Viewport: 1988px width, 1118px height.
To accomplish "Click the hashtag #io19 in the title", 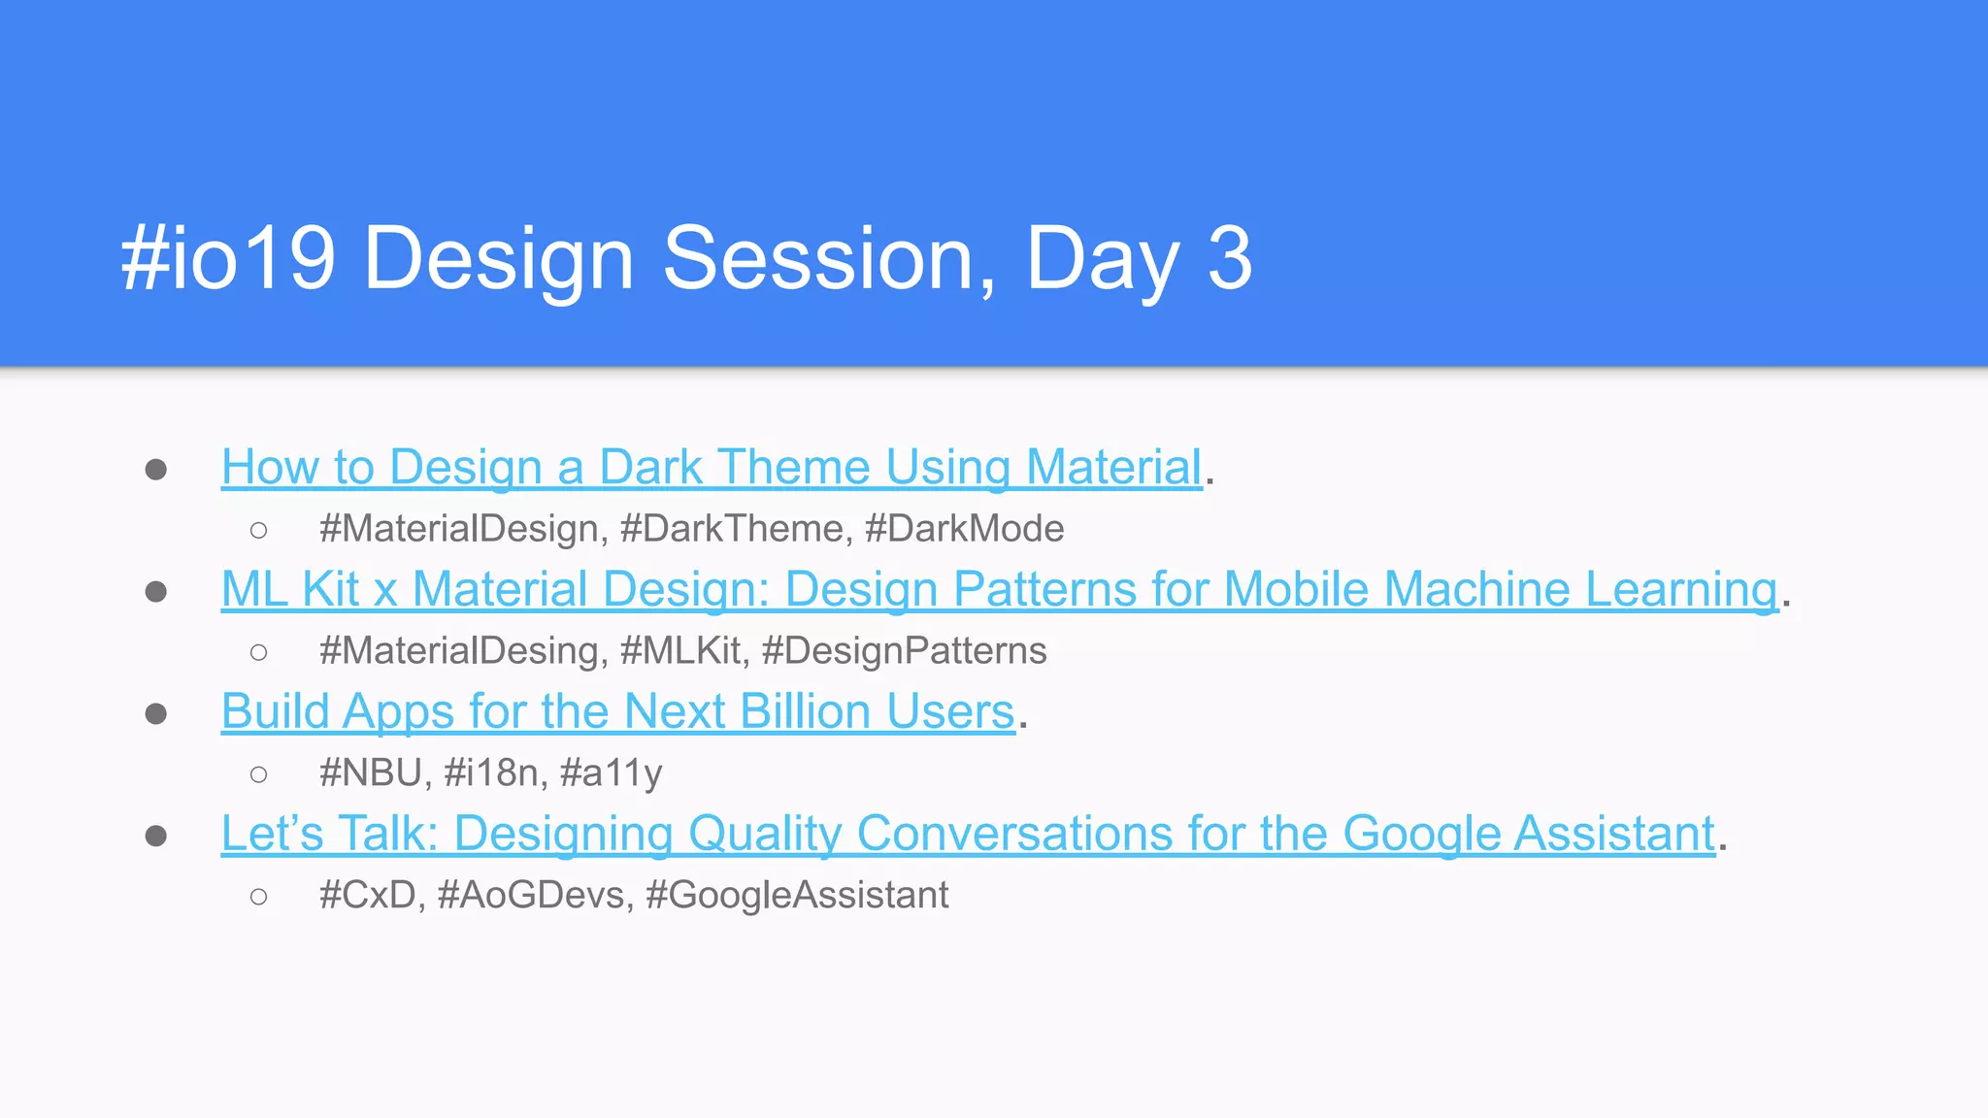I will (x=228, y=258).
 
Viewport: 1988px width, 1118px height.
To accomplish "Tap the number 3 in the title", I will (x=1230, y=258).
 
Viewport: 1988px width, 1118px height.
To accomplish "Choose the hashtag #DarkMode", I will (x=964, y=529).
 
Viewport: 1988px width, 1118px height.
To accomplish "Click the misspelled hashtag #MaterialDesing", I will (x=463, y=651).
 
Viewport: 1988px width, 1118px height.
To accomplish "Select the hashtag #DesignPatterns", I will (x=904, y=651).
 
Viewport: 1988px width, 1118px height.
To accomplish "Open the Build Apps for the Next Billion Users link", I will (x=617, y=711).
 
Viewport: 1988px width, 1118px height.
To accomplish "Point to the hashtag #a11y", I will (x=612, y=773).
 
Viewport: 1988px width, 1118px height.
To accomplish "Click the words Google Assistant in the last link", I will (x=1529, y=834).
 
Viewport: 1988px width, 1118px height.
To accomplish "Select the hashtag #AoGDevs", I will (x=534, y=895).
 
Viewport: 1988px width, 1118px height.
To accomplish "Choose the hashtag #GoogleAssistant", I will (x=797, y=895).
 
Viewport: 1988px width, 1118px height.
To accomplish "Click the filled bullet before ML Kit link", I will (x=155, y=591).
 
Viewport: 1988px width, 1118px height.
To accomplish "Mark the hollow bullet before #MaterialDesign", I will (x=258, y=530).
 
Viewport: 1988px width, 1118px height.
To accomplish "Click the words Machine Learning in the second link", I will (x=1580, y=589).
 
